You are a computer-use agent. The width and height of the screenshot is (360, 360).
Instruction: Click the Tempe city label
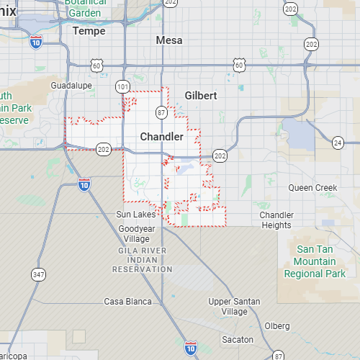(89, 31)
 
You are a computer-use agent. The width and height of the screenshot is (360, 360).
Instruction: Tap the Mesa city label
(169, 40)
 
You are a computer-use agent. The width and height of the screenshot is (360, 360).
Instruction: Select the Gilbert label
(201, 95)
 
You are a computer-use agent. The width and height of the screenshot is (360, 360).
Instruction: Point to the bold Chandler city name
(161, 136)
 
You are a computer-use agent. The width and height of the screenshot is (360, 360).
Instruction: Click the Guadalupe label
(72, 85)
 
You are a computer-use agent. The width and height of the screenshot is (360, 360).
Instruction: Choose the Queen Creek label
(312, 187)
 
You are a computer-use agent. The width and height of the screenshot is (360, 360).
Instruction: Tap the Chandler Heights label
(276, 220)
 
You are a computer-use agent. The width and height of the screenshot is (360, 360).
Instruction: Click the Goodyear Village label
(136, 233)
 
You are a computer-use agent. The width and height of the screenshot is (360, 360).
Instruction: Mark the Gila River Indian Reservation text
(143, 259)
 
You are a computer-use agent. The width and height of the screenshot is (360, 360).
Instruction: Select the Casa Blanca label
(125, 301)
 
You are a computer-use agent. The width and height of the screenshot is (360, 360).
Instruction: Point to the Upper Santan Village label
(234, 306)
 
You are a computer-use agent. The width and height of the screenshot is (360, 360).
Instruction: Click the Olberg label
(277, 325)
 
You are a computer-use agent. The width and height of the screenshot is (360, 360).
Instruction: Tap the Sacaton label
(238, 339)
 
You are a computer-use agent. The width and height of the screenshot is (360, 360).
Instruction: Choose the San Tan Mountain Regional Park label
(315, 261)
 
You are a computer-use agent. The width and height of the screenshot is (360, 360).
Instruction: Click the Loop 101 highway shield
(123, 86)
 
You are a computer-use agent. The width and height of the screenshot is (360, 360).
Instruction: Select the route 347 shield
(38, 274)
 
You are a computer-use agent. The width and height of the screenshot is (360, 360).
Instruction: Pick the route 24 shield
(338, 143)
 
